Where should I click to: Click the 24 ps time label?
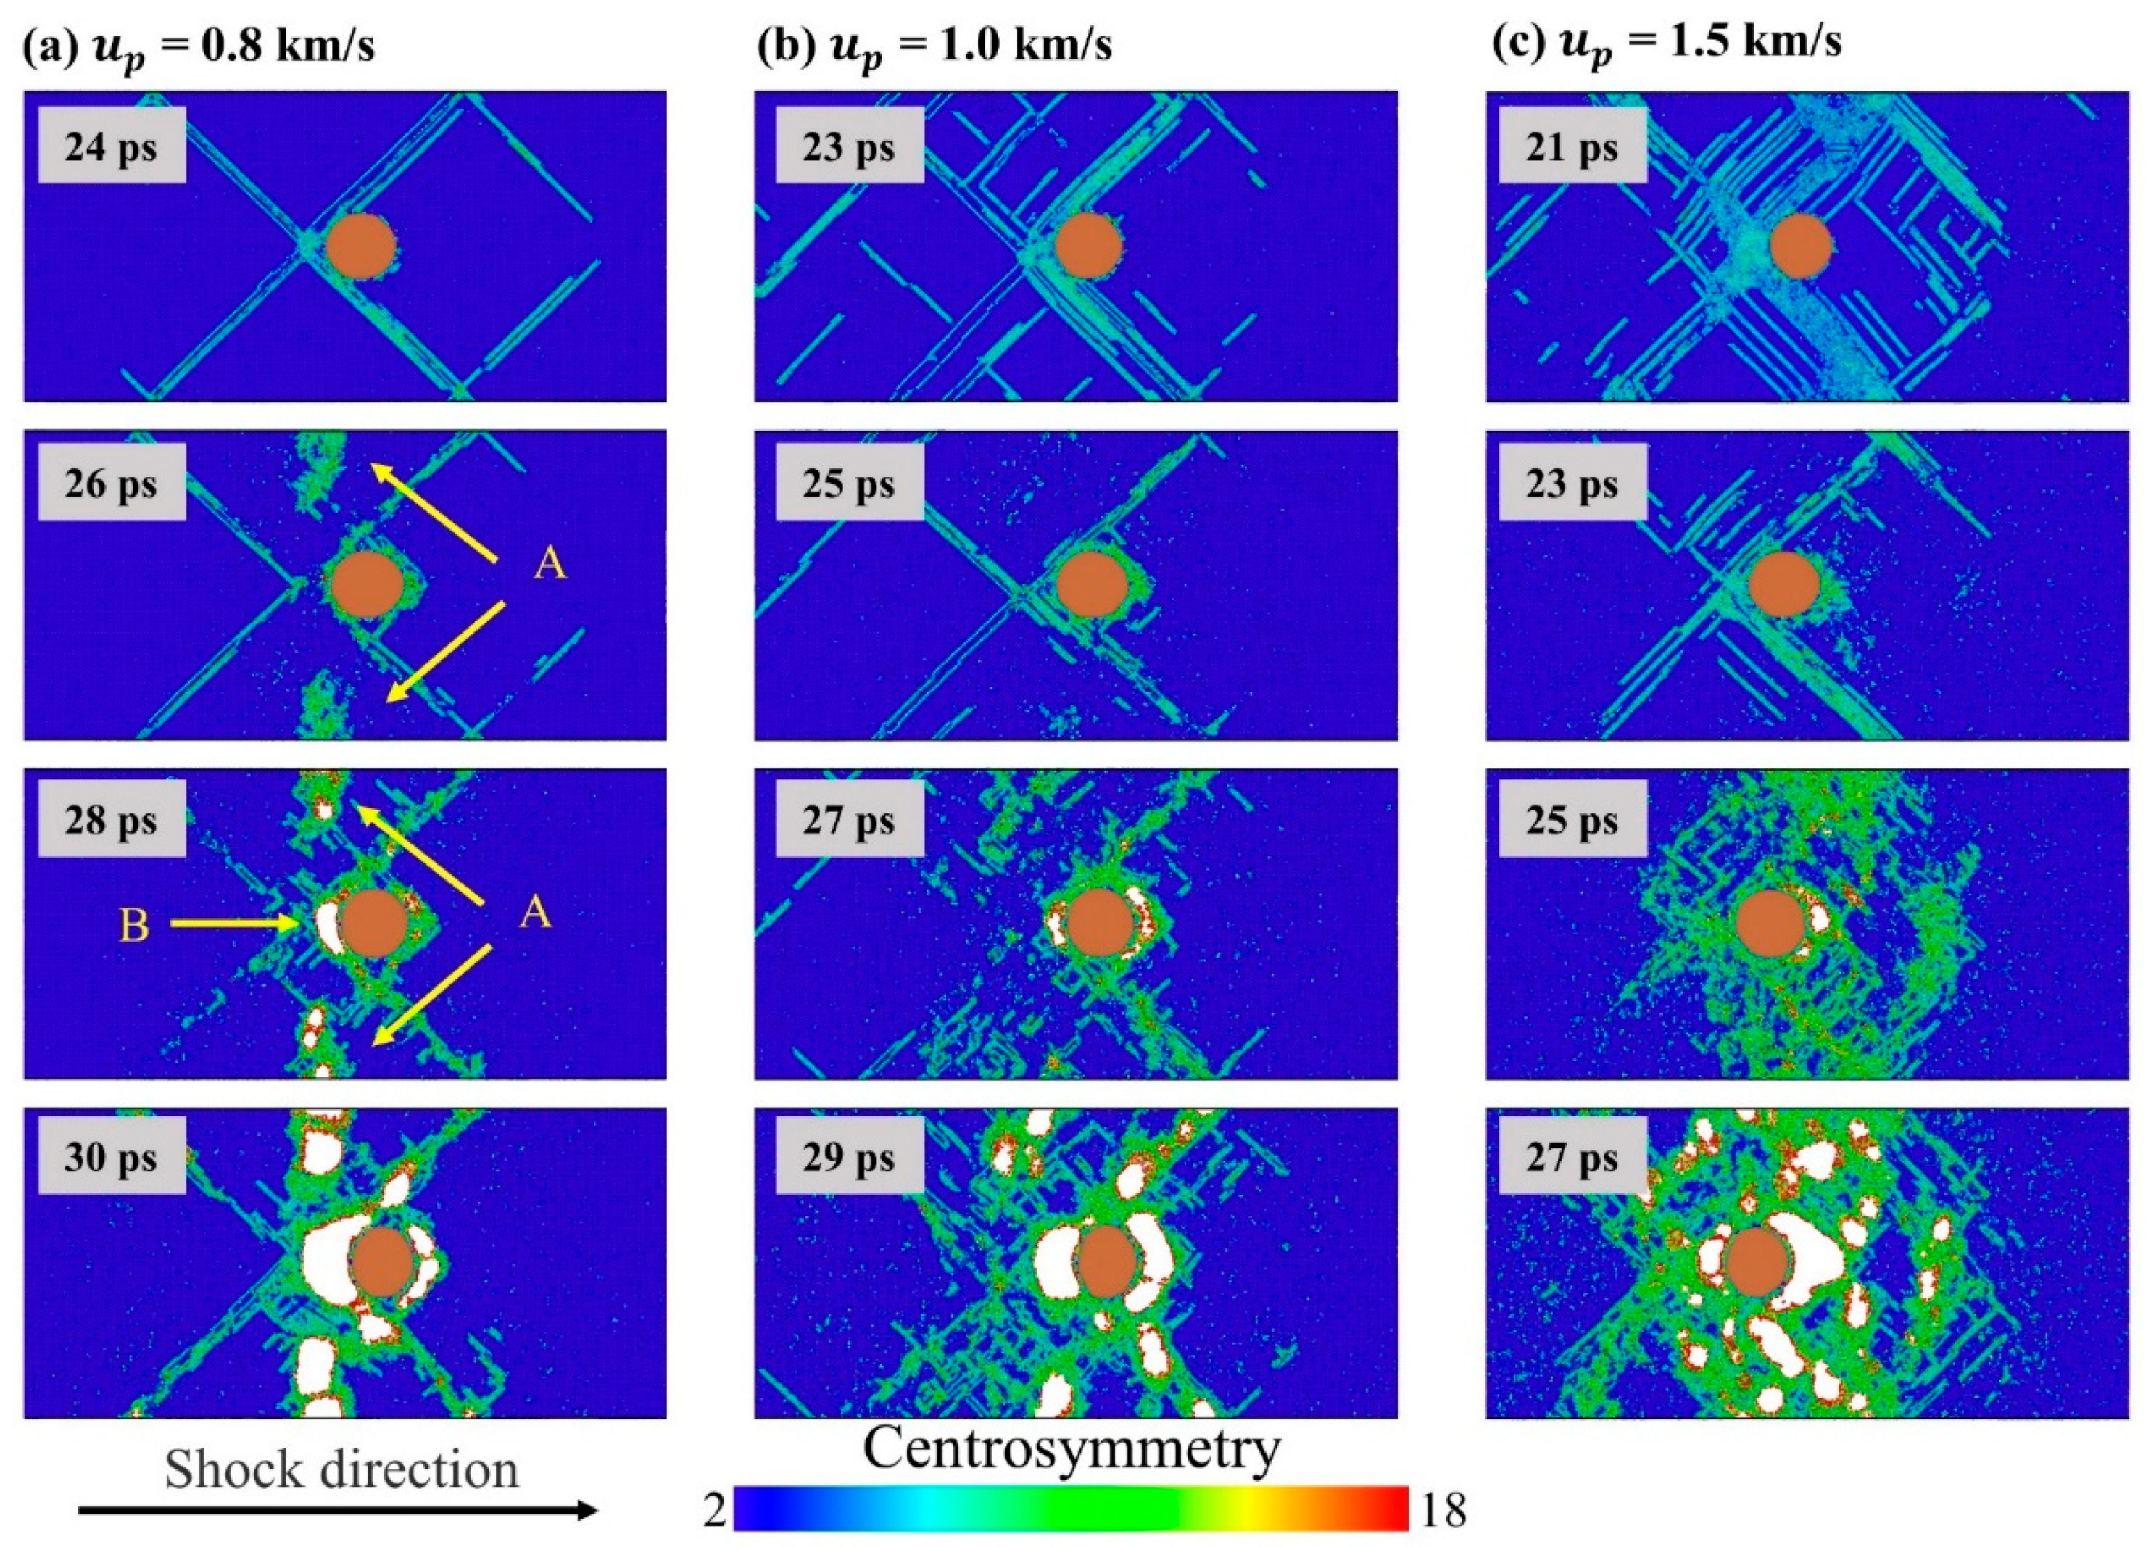pyautogui.click(x=111, y=147)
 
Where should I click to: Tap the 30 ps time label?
pyautogui.click(x=111, y=1159)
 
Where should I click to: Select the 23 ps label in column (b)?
pyautogui.click(x=848, y=147)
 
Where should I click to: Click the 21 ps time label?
pyautogui.click(x=1572, y=147)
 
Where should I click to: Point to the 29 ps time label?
pyautogui.click(x=848, y=1159)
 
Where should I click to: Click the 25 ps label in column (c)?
pyautogui.click(x=1572, y=821)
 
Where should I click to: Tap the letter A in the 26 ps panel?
pyautogui.click(x=550, y=565)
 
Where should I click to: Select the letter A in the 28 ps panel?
pyautogui.click(x=536, y=913)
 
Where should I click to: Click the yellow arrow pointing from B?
pyautogui.click(x=233, y=923)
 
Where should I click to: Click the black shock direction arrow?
pyautogui.click(x=336, y=1510)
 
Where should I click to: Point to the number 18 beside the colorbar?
pyautogui.click(x=1443, y=1510)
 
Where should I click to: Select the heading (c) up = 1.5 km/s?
pyautogui.click(x=1667, y=43)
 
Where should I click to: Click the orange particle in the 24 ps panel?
pyautogui.click(x=360, y=246)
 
